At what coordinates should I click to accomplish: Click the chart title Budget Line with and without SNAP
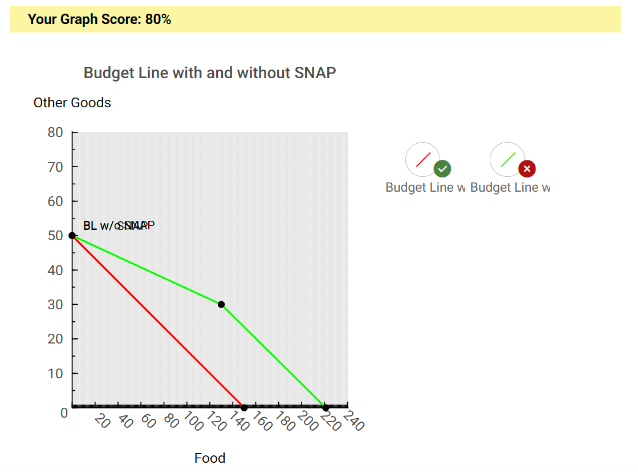(210, 73)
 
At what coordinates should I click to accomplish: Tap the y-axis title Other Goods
(72, 103)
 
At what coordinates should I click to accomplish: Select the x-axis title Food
(210, 458)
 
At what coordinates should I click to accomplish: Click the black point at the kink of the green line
(221, 305)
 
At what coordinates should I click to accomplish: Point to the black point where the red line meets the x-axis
(244, 407)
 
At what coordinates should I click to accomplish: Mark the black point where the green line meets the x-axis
(326, 407)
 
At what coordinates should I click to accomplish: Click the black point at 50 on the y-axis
(72, 236)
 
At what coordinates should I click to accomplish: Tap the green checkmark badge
(442, 169)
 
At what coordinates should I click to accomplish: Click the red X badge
(527, 169)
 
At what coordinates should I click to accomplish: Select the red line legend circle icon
(422, 159)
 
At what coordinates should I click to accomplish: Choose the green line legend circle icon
(507, 159)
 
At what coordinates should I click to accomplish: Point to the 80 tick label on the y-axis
(55, 132)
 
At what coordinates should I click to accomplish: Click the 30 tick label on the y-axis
(55, 305)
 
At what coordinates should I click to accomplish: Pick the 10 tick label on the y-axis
(55, 373)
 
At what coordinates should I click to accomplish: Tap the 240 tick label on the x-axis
(353, 421)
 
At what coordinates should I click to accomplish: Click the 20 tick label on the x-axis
(102, 421)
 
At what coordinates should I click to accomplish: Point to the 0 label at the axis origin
(64, 413)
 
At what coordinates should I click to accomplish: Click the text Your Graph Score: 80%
(99, 19)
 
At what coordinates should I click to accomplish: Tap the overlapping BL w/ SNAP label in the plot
(119, 226)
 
